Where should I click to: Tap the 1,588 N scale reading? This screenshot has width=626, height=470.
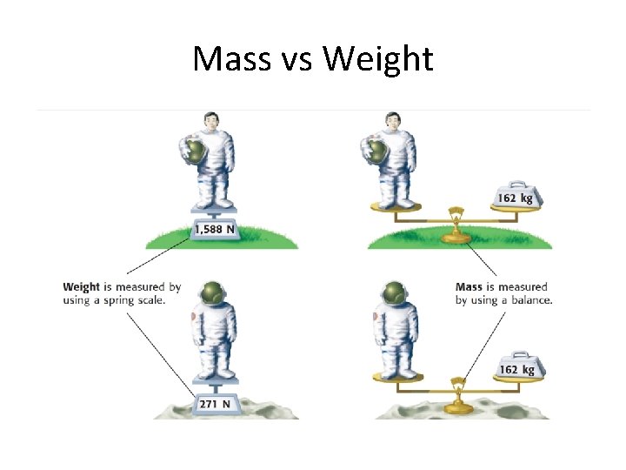pos(214,230)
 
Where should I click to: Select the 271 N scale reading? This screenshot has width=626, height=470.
pos(214,403)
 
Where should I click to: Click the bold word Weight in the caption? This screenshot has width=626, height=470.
pos(82,287)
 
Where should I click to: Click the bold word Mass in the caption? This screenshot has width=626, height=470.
pos(469,287)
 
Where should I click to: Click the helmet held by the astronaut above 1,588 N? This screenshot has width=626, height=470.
pos(197,151)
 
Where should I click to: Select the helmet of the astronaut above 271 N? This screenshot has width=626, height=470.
pos(210,294)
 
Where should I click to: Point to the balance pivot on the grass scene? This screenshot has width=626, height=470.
pos(453,214)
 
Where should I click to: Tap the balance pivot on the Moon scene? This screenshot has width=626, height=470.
pos(453,386)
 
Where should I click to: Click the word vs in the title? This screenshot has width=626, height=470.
pos(296,59)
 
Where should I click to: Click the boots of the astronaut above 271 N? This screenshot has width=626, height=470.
pos(214,373)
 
